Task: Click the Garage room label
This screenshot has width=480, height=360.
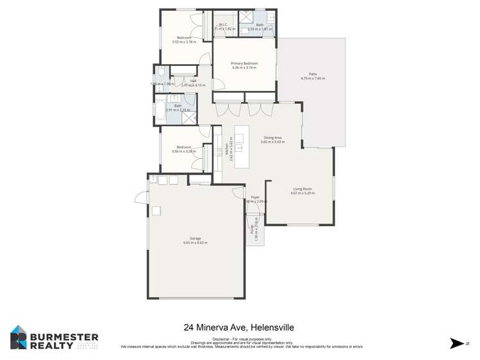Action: [195, 239]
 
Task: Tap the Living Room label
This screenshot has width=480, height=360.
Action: [302, 189]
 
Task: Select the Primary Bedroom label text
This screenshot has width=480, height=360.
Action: [244, 63]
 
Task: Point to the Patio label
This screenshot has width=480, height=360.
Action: [313, 74]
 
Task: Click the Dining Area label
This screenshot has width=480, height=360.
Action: [272, 138]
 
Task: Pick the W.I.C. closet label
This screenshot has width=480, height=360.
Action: [224, 25]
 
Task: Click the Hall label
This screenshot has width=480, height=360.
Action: [193, 81]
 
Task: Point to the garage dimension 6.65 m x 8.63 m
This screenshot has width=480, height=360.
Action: [195, 243]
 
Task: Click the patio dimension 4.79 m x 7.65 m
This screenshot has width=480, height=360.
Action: [313, 79]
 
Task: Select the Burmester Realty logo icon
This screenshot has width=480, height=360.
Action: [19, 337]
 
